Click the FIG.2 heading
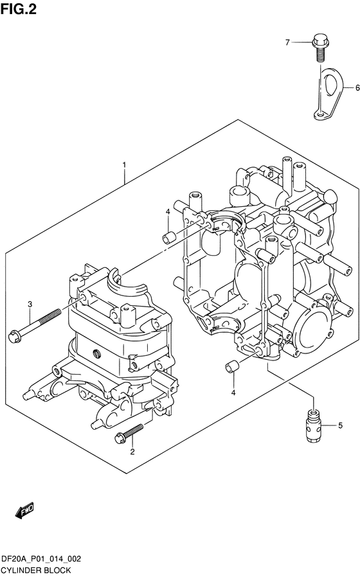pos(19,9)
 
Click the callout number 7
pos(287,42)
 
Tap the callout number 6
pos(357,88)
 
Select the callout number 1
pos(125,164)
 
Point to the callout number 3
pos(30,304)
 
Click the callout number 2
pos(132,452)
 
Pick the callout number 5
pos(340,425)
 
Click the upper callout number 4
pos(168,211)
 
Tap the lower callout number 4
pos(233,393)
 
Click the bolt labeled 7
pos(319,48)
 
